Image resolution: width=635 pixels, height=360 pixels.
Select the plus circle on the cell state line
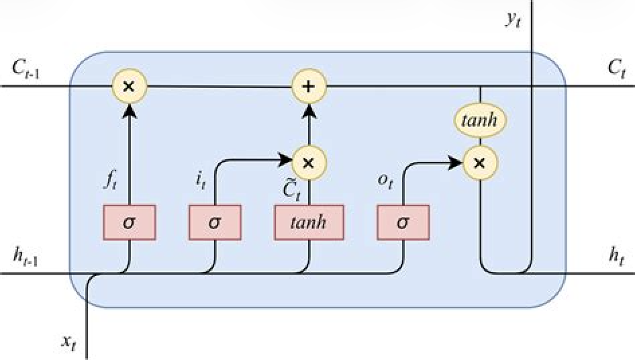point(309,87)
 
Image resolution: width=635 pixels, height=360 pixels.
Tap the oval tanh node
point(481,122)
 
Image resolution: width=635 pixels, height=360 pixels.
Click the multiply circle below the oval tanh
point(481,162)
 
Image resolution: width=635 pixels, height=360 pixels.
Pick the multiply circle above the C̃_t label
point(309,162)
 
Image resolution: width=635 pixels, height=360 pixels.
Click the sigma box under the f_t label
point(129,222)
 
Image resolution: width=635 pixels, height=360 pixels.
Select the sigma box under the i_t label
point(215,222)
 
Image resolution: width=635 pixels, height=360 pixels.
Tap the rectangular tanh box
point(309,222)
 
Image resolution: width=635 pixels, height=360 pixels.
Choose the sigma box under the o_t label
point(403,222)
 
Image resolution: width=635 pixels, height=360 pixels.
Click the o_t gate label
point(384,181)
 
